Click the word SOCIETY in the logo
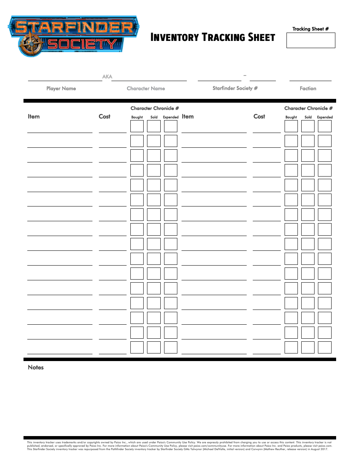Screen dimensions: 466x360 coord(81,44)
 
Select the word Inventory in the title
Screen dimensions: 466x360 coord(175,37)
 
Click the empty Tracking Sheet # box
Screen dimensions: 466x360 coord(311,40)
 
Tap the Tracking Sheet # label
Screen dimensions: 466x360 coord(310,29)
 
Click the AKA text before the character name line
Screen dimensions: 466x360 coord(107,77)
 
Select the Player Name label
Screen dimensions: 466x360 coord(61,88)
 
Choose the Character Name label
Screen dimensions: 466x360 coord(146,88)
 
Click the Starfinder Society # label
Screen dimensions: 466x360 coord(235,88)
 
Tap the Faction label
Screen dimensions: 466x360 coord(308,88)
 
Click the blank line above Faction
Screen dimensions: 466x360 coord(310,80)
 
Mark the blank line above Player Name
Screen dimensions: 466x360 coord(64,80)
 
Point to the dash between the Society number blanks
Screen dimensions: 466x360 coord(245,75)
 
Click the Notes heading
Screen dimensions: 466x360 coord(36,367)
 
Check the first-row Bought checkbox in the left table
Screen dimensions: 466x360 coord(137,126)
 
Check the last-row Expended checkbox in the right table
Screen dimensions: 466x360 coord(324,347)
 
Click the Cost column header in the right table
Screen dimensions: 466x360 coord(259,116)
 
